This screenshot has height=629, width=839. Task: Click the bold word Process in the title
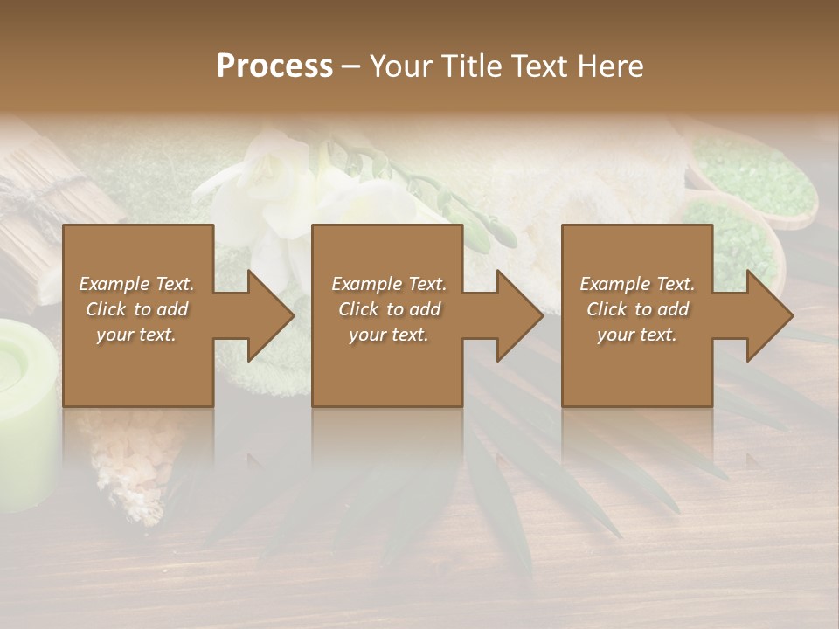point(274,66)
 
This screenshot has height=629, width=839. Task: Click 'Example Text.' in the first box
point(136,284)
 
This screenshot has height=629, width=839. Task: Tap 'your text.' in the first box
point(136,335)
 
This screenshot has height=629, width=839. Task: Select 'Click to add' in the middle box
point(389,309)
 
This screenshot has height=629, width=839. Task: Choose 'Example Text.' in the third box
point(637,284)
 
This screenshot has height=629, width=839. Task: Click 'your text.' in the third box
point(637,335)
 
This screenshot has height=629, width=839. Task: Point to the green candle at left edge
point(26,411)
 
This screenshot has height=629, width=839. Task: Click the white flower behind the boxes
point(262,188)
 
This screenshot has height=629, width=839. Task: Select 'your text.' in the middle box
point(389,335)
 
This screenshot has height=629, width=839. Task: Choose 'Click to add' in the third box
point(637,309)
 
